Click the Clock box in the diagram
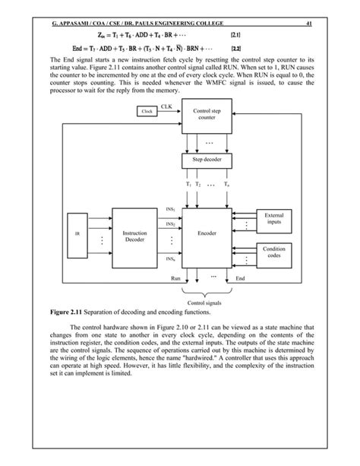148,112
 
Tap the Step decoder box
207,160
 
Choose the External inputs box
274,220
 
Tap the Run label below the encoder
175,279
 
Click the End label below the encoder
239,279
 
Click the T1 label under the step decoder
188,185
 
